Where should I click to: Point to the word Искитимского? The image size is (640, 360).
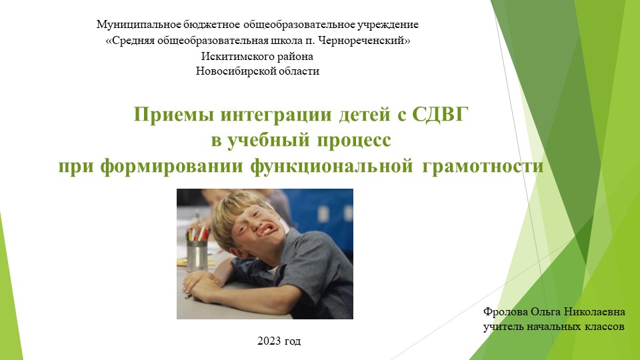(x=235, y=56)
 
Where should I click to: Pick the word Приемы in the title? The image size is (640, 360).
(x=165, y=115)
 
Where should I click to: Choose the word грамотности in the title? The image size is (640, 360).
(x=483, y=165)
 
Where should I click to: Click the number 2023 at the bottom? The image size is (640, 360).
(x=269, y=341)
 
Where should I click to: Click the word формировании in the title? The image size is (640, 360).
(x=175, y=165)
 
